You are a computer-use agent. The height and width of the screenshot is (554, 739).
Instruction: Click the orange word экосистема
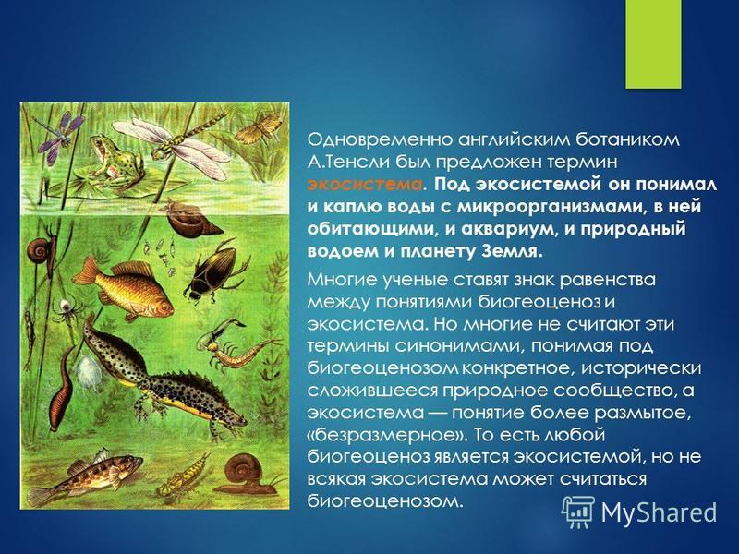coord(364,185)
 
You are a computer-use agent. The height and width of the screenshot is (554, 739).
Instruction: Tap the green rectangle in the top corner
coord(653,43)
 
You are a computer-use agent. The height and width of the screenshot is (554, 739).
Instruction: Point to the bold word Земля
coord(512,251)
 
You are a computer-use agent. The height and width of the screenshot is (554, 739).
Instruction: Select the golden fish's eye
coord(162,307)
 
